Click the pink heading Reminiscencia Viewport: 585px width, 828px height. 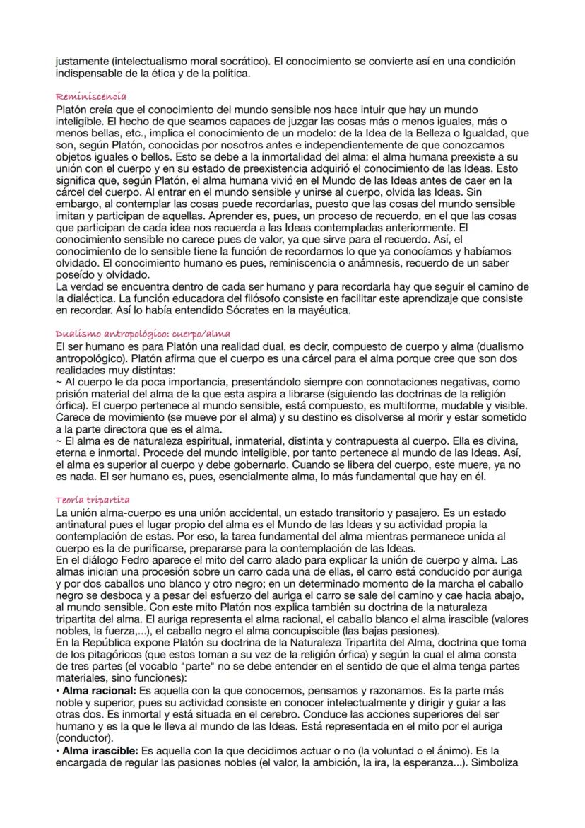click(90, 95)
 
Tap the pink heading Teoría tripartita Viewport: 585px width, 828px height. click(90, 501)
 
